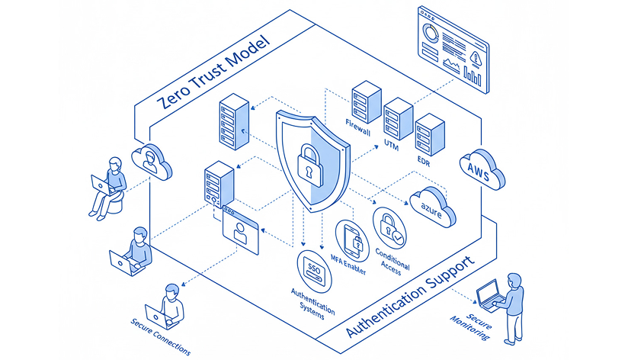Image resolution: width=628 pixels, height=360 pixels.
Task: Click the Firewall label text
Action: (358, 127)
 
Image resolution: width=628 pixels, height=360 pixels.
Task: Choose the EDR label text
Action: (424, 160)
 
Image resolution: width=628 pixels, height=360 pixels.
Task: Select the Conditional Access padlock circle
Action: (389, 227)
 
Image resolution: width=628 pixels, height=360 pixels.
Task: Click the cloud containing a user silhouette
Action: (152, 160)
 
